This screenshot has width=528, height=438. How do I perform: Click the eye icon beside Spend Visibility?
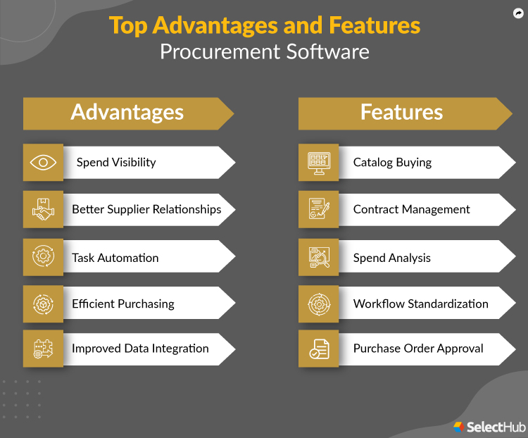tap(43, 163)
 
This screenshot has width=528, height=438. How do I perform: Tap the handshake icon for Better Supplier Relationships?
tap(43, 210)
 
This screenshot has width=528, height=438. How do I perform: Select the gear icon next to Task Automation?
tap(43, 257)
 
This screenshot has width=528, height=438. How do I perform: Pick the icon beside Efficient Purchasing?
tap(43, 304)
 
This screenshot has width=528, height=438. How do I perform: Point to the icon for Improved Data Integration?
tap(43, 349)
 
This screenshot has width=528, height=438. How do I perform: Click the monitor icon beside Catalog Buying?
tap(319, 163)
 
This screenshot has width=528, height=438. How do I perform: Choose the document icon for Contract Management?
tap(319, 210)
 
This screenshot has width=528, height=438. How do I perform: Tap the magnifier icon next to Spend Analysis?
tap(319, 257)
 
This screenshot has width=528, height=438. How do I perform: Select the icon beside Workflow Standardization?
tap(319, 304)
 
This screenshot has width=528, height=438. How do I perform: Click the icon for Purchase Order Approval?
tap(319, 349)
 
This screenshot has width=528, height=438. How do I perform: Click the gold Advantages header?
tap(127, 113)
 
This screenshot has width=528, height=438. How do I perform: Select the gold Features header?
tap(401, 113)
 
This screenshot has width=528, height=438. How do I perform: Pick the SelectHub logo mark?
tap(458, 426)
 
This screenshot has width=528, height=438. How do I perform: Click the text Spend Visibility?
tap(116, 163)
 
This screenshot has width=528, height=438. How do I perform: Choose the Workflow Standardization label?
tap(420, 304)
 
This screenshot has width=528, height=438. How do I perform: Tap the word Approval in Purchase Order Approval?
tap(460, 349)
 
